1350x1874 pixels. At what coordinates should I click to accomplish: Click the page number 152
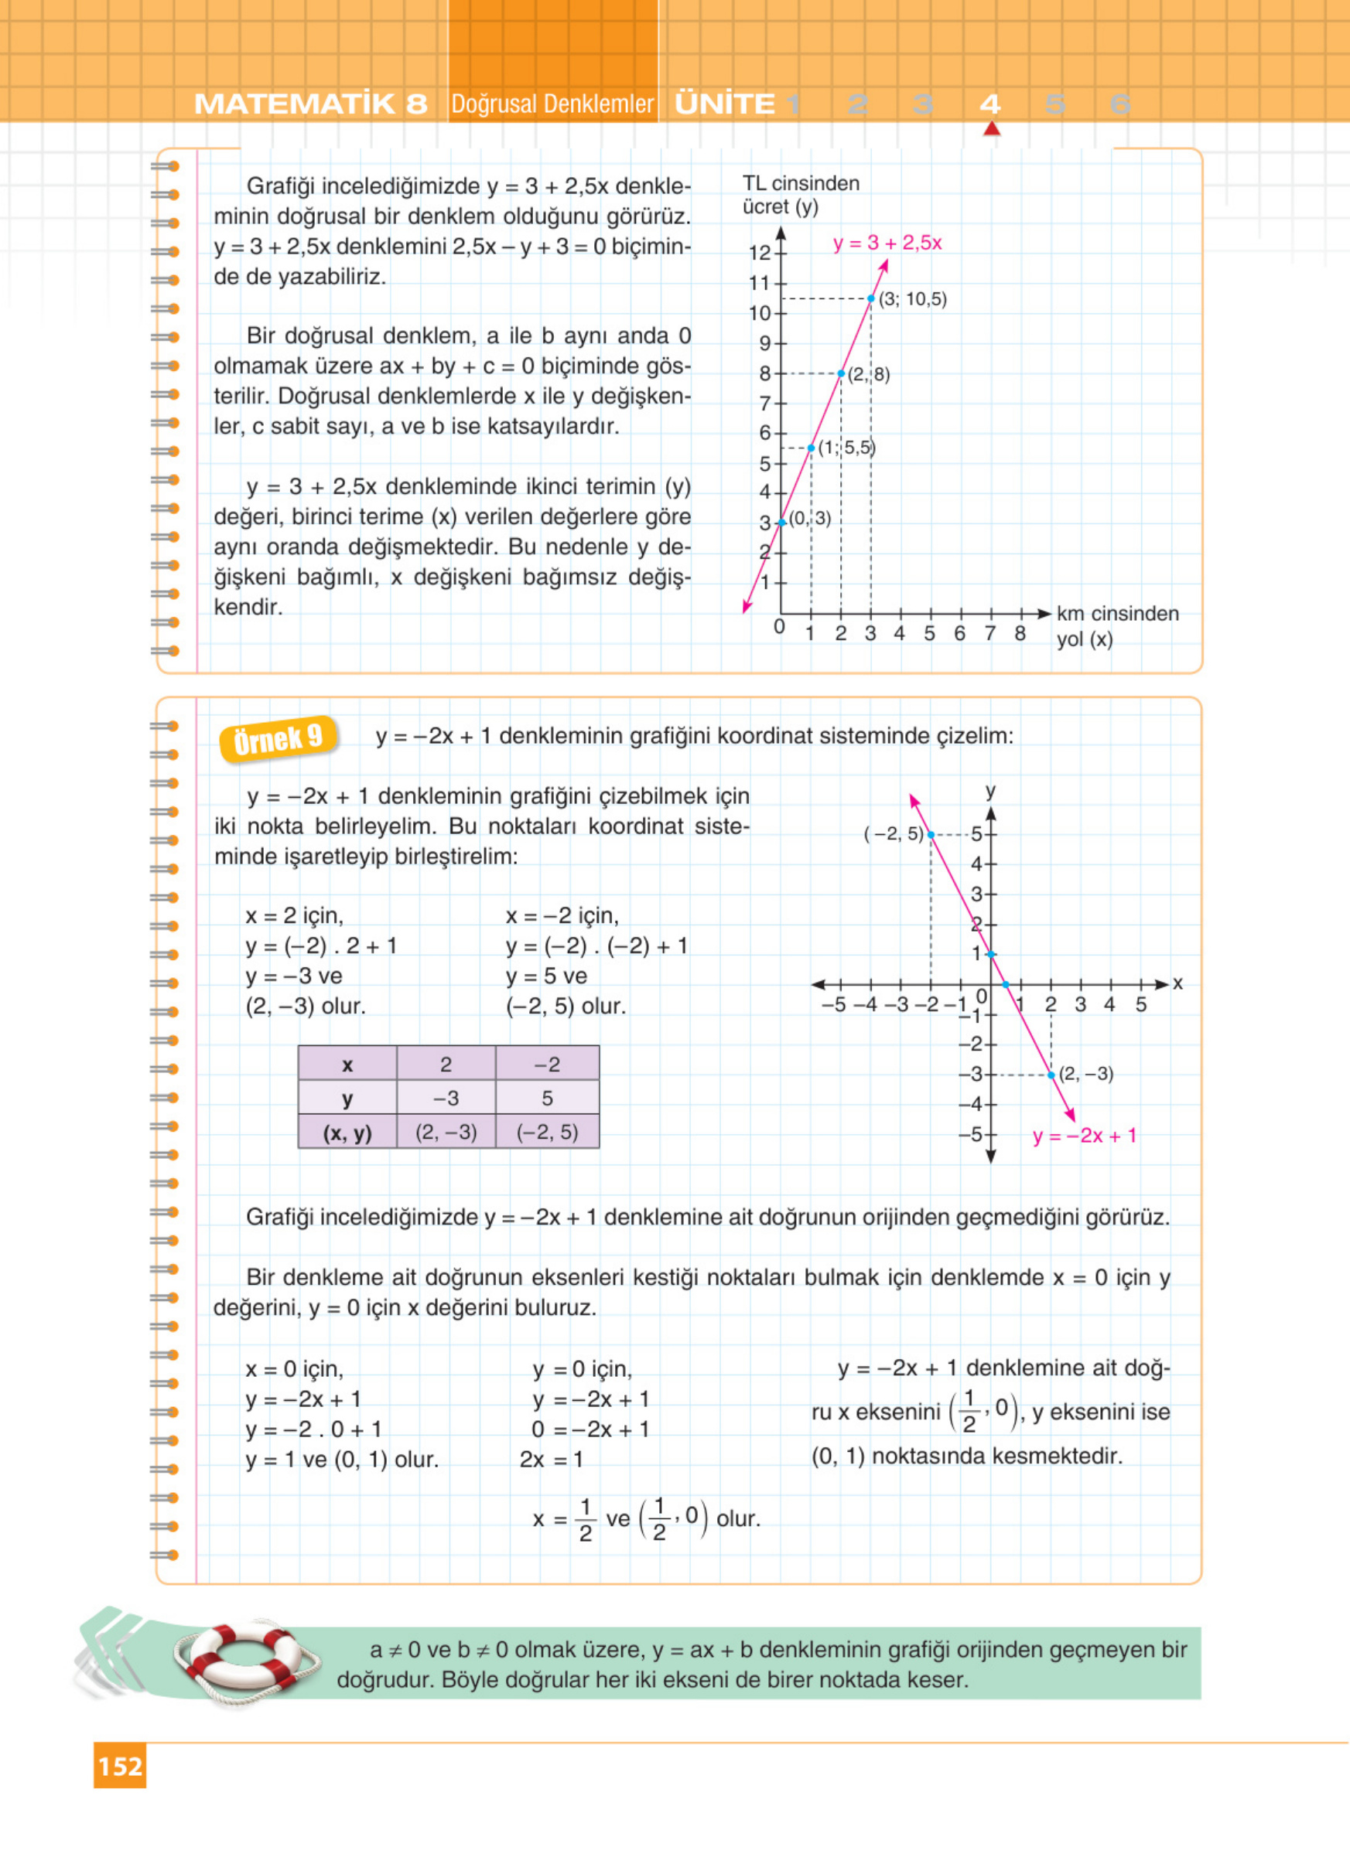(x=120, y=1766)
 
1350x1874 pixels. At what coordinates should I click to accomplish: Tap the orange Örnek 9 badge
(x=278, y=738)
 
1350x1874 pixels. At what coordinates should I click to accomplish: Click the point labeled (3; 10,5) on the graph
(x=870, y=298)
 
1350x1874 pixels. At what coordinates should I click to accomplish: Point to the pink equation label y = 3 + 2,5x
(x=887, y=243)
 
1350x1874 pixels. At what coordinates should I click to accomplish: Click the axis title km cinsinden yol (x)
(x=1116, y=625)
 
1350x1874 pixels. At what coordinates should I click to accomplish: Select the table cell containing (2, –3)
(x=446, y=1132)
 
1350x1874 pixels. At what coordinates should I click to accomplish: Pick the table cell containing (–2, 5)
(x=547, y=1132)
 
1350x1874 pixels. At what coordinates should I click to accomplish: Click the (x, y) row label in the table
(x=347, y=1132)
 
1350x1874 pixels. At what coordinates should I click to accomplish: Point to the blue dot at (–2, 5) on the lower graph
(x=931, y=834)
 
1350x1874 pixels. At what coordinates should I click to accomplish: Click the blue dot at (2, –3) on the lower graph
(x=1051, y=1075)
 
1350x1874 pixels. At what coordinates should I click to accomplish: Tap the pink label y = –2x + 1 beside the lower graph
(x=1084, y=1136)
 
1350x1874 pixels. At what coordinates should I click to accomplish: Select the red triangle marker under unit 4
(x=991, y=128)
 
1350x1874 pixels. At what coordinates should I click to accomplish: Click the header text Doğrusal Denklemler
(x=552, y=104)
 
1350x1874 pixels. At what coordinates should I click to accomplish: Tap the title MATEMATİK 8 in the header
(x=311, y=104)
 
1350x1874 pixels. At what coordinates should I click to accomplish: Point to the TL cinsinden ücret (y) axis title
(x=800, y=195)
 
